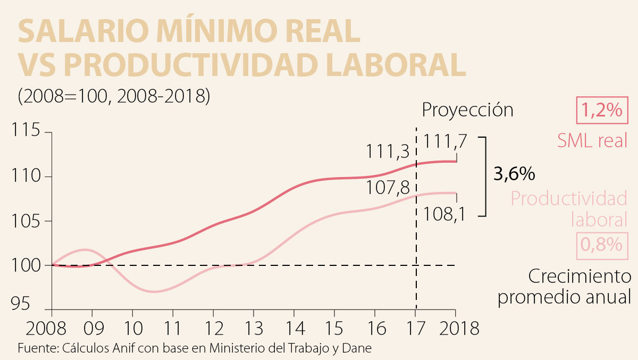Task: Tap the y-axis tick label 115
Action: click(x=27, y=131)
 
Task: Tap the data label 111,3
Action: click(x=387, y=152)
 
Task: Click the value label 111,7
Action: click(x=445, y=141)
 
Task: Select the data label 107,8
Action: click(x=387, y=188)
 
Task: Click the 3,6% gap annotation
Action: click(x=514, y=174)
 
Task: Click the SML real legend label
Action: click(x=592, y=140)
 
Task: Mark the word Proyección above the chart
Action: click(x=468, y=110)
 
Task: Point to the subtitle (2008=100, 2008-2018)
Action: click(x=114, y=96)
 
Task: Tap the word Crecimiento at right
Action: click(x=580, y=277)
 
